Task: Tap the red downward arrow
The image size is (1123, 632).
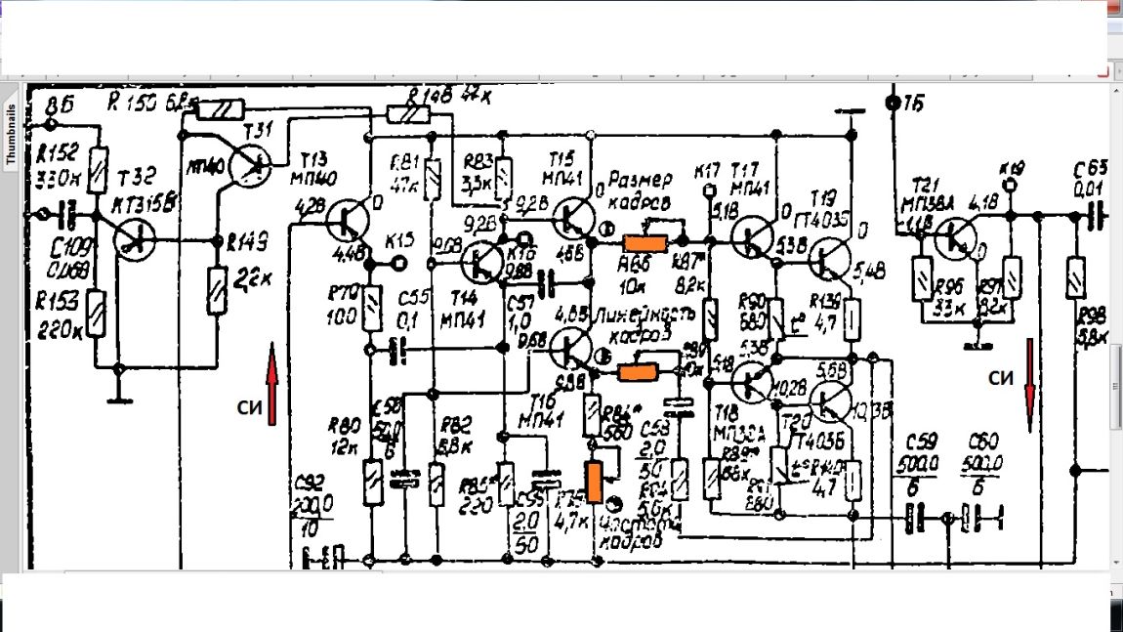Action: pyautogui.click(x=1029, y=385)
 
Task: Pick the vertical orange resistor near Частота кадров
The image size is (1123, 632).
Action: pyautogui.click(x=594, y=482)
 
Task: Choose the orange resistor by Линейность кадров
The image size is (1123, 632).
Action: pyautogui.click(x=641, y=372)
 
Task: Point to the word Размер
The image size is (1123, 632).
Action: pyautogui.click(x=642, y=181)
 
